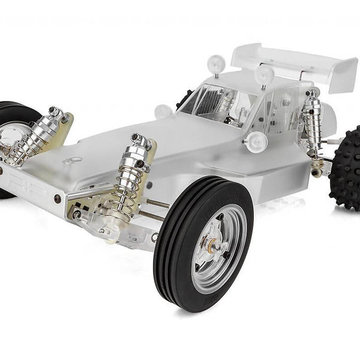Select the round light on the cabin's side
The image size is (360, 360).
(x=256, y=142)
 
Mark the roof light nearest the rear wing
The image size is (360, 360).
(x=264, y=74)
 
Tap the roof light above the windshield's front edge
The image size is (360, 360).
(x=216, y=63)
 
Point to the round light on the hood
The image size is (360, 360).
(x=163, y=111)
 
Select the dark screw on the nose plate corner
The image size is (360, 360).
(x=56, y=197)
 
